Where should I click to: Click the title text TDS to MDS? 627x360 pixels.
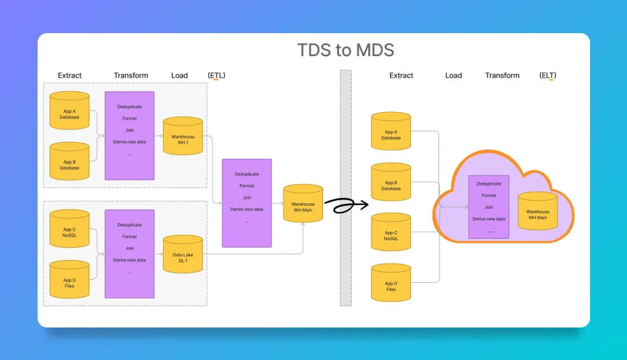[x=346, y=50]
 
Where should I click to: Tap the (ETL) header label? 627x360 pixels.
[x=217, y=75]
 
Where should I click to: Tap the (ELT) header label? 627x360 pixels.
[x=547, y=75]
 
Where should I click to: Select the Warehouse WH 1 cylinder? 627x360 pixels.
[x=183, y=136]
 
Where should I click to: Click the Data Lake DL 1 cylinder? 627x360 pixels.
[x=183, y=254]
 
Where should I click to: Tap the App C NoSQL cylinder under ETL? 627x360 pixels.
[x=69, y=229]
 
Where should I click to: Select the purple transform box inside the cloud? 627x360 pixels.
[x=489, y=206]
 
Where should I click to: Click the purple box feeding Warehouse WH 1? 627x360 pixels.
[x=129, y=136]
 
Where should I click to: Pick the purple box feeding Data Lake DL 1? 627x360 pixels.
[x=129, y=254]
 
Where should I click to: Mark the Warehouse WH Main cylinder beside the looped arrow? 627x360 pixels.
[x=303, y=203]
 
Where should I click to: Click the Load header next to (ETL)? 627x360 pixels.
[x=179, y=75]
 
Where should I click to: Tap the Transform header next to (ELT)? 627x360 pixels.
[x=502, y=75]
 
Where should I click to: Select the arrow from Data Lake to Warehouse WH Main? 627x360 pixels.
[x=255, y=254]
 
